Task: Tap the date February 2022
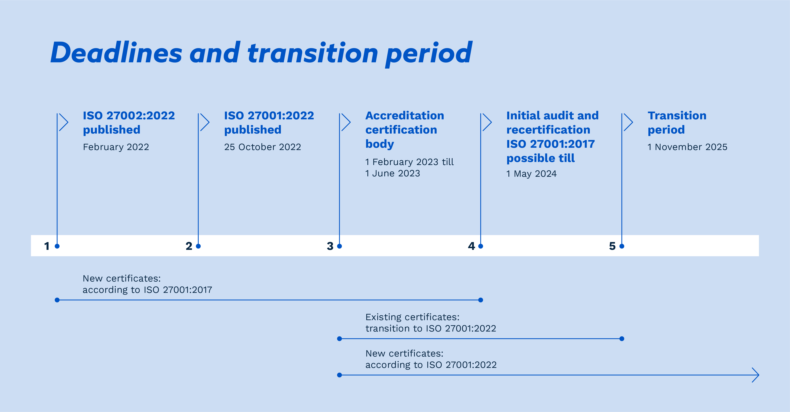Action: [x=116, y=147]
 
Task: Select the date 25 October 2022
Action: [x=263, y=147]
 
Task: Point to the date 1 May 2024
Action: [x=531, y=174]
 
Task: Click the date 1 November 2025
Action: [x=687, y=147]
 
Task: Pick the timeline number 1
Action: [x=47, y=246]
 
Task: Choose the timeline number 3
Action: [x=330, y=246]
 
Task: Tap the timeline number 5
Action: [x=612, y=246]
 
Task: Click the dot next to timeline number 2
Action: [x=198, y=246]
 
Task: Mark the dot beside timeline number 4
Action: [x=481, y=246]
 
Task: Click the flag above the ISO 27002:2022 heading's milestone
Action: [x=63, y=122]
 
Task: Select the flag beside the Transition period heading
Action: [x=628, y=122]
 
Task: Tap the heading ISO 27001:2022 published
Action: [x=269, y=123]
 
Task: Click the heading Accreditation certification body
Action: [x=405, y=130]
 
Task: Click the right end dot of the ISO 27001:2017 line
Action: [x=481, y=300]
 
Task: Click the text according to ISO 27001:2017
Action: [x=147, y=290]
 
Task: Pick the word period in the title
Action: [x=429, y=54]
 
